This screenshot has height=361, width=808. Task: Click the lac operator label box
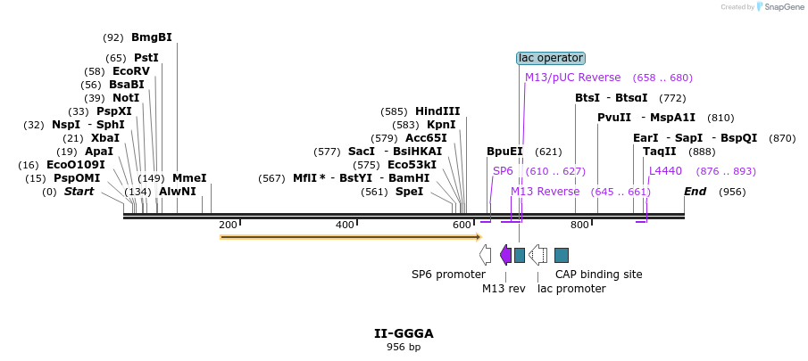coord(551,58)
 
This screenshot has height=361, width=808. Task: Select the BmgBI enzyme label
coord(151,37)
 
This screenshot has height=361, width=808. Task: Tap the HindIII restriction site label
coord(437,111)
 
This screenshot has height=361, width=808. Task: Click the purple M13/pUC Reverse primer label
coord(572,78)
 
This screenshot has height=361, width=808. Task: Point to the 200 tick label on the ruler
coord(228,225)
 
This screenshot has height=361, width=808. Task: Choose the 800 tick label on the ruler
coord(579,225)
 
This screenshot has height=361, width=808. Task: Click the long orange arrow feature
coord(350,237)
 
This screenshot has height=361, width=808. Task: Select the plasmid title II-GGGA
coord(404,333)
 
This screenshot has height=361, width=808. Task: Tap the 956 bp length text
coord(404,347)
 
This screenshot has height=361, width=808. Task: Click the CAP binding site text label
coord(598,275)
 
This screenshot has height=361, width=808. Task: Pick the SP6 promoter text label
coord(448,275)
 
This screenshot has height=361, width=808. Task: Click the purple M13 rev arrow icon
coord(505,256)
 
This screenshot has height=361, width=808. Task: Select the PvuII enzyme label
coord(614,118)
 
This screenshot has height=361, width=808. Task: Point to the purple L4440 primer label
coord(665,170)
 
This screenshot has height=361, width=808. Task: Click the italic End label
coord(696,192)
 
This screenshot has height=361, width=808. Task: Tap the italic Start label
coord(79,192)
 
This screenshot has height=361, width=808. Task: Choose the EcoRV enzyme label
coord(131,71)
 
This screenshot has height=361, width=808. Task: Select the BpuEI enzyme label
coord(504,152)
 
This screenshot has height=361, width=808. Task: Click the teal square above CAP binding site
coord(562,256)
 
